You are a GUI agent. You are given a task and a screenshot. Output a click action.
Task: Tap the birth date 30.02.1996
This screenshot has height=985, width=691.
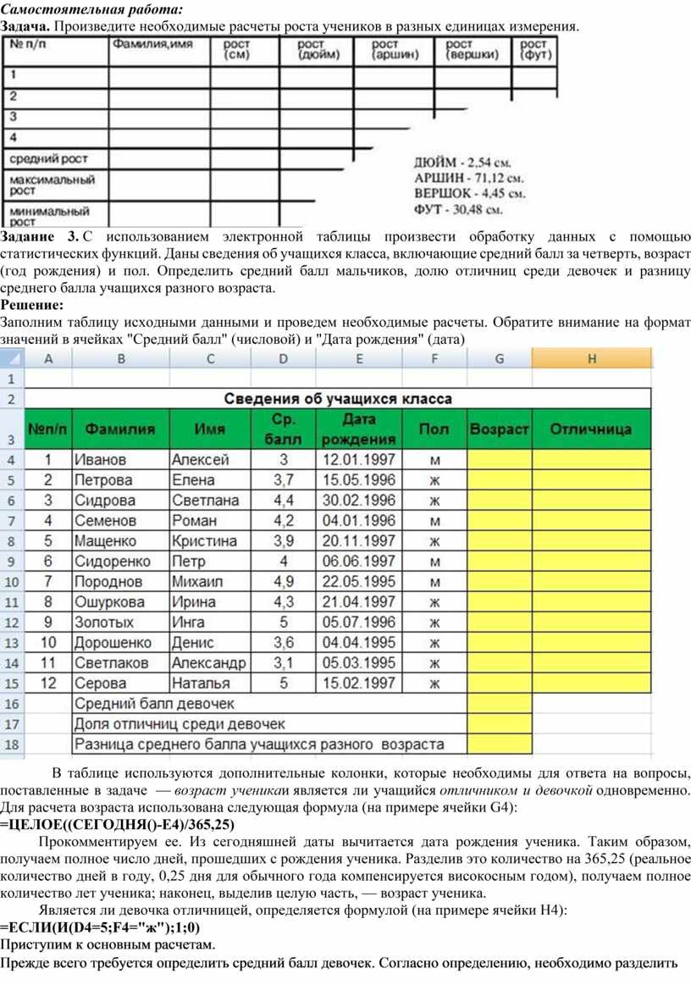(358, 501)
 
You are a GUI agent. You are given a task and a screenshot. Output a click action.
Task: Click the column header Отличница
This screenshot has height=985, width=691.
(591, 429)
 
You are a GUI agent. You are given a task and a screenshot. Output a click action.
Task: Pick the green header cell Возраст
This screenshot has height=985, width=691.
(499, 429)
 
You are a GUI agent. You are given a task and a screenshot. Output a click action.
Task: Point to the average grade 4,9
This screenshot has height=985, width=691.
(284, 581)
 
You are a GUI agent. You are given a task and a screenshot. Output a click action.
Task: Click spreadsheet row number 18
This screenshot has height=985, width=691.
(12, 744)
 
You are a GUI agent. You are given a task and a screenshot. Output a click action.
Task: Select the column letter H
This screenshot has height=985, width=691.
(592, 359)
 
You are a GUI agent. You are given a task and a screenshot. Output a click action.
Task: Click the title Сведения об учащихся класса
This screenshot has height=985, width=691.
(337, 398)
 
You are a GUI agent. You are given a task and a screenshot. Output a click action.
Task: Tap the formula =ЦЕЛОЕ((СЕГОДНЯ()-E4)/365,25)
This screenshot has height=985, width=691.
(118, 823)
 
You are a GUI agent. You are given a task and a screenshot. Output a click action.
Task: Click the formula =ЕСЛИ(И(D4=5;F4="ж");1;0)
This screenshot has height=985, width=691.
(101, 927)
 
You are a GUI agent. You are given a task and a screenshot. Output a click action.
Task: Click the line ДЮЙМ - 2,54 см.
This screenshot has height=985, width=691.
(468, 161)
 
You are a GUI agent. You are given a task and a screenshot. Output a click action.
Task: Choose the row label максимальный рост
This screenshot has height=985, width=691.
(53, 185)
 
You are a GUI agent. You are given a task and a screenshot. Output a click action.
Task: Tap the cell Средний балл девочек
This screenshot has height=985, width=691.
(155, 703)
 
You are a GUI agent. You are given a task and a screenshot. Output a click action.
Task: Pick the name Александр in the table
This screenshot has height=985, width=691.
(209, 662)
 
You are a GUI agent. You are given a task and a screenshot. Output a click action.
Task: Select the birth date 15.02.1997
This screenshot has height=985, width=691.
(358, 683)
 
